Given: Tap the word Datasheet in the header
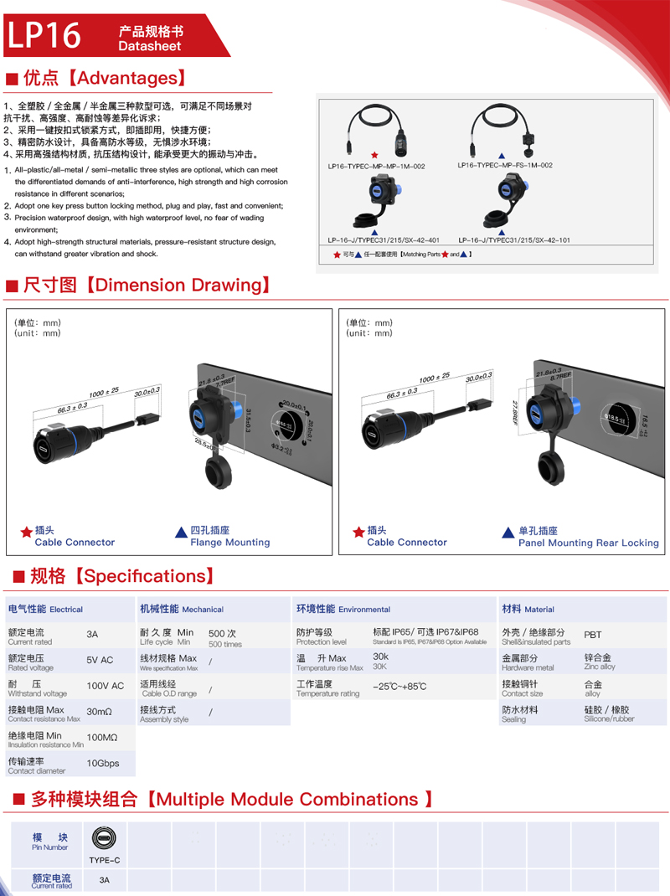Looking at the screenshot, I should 150,47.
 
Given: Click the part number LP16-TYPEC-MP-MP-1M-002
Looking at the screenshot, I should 376,166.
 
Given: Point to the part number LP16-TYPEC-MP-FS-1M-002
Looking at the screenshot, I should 505,166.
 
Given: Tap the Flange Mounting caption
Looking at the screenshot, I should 229,543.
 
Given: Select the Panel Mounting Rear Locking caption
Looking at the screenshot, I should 588,543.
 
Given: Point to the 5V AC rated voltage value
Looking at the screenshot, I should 100,660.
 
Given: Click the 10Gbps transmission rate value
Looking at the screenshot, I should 103,764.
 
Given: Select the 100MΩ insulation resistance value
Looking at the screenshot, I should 102,738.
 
